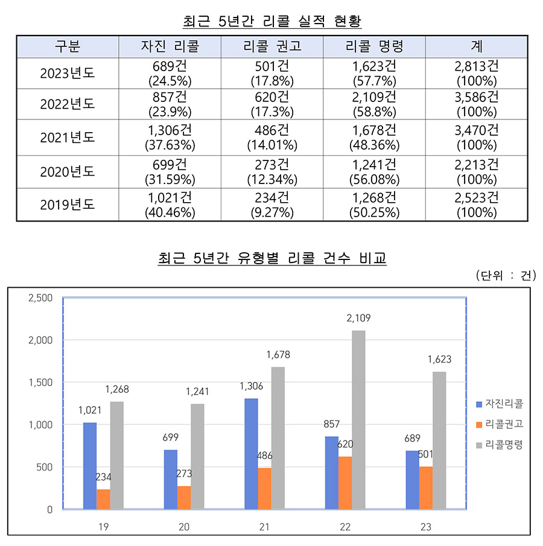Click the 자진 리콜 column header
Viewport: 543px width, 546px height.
click(170, 46)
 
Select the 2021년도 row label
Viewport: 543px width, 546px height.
click(68, 138)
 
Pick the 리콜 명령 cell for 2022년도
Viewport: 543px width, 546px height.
click(374, 104)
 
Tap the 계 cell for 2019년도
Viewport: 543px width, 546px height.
click(476, 205)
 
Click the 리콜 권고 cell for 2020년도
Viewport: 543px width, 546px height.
click(272, 171)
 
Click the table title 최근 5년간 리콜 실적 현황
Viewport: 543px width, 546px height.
click(271, 22)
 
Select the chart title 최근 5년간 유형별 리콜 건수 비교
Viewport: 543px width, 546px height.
click(271, 259)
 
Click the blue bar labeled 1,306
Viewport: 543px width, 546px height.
click(251, 454)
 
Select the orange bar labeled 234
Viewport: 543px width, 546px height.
click(103, 499)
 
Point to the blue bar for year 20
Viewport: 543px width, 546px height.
click(170, 479)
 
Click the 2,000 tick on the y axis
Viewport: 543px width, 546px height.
click(42, 340)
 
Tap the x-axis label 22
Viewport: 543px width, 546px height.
click(345, 527)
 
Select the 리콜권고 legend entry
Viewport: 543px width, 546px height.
click(499, 424)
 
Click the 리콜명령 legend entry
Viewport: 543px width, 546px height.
click(499, 444)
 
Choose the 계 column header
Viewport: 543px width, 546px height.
click(476, 46)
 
